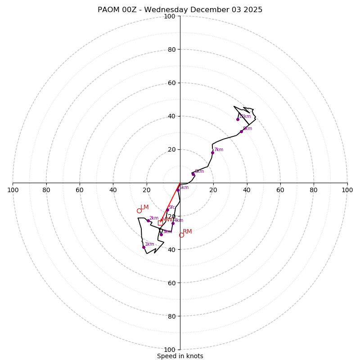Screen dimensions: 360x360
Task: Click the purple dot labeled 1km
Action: [144, 247]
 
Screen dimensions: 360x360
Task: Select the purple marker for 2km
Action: [148, 220]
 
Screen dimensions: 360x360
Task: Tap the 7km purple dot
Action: [212, 153]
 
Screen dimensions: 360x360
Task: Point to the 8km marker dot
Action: [241, 131]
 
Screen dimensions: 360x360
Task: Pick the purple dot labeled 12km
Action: [238, 119]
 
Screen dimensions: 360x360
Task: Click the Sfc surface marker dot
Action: [167, 210]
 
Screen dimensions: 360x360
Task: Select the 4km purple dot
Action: [173, 223]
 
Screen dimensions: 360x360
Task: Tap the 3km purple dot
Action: [161, 234]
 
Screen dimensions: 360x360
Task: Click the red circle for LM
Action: [139, 211]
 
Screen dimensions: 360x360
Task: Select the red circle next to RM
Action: [181, 235]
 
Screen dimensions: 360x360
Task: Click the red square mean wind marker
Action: [160, 223]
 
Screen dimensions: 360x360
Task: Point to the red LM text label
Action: [144, 207]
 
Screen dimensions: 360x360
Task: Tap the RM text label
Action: [187, 232]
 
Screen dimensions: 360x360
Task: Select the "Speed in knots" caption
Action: [180, 356]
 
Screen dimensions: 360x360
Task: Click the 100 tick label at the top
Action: [170, 16]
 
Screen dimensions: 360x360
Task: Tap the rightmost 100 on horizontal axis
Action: [347, 190]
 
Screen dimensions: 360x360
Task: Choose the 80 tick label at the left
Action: [46, 190]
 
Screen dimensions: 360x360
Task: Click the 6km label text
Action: [199, 171]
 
